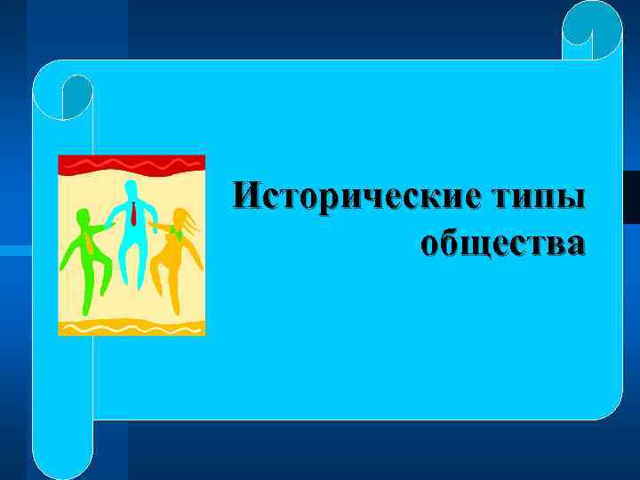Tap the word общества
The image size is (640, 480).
(x=502, y=242)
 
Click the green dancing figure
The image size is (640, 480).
(x=84, y=258)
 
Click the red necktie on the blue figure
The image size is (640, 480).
(x=133, y=213)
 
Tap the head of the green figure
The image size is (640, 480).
(x=84, y=216)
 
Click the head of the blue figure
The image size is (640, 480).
(x=132, y=189)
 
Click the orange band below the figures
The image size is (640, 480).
(x=132, y=327)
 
